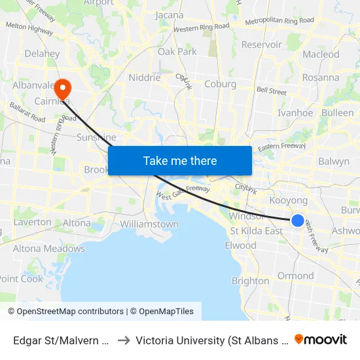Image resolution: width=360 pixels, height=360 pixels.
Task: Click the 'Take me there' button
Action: point(180,160)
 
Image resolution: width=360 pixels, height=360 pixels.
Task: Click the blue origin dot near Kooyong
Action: point(297,221)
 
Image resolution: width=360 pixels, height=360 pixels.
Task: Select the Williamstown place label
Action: point(149,224)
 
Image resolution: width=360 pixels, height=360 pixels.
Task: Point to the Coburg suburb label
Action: point(220,84)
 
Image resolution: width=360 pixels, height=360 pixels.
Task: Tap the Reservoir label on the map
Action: point(262,45)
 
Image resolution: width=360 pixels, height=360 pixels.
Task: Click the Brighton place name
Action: point(250,281)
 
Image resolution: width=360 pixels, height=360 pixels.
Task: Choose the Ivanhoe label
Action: point(295,113)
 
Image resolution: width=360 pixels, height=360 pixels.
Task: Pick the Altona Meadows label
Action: point(49,249)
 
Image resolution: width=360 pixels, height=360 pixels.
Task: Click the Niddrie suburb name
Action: point(145,77)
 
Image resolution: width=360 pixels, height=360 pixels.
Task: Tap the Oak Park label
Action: point(177,51)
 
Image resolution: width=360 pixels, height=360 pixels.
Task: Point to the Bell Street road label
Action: point(272,91)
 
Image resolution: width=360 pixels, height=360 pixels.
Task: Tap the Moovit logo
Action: point(321,339)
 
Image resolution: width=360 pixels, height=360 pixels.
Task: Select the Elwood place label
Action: point(240,245)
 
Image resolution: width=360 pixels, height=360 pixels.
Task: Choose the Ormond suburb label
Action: point(296,276)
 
